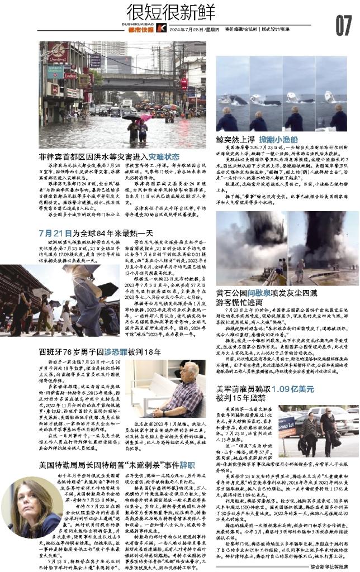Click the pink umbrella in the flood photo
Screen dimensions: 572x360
pyautogui.click(x=145, y=118)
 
